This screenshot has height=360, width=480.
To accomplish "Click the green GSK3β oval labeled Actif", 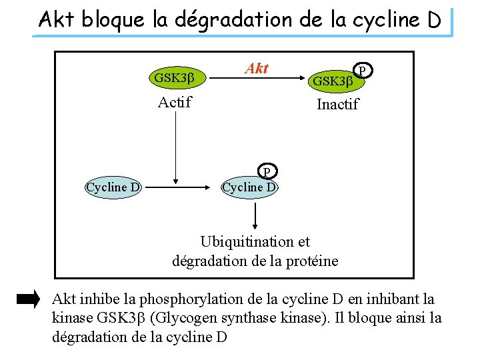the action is (174, 77).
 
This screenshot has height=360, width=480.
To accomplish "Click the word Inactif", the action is (337, 104).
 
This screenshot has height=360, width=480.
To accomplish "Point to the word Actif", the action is (175, 102).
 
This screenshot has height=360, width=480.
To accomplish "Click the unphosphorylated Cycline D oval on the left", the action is (113, 187).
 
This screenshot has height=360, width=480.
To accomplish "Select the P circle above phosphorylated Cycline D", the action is (266, 172).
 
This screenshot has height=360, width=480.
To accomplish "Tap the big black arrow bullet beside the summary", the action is (28, 299).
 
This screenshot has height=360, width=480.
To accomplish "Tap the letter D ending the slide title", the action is (433, 21).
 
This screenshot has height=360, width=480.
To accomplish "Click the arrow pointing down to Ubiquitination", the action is (255, 216).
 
